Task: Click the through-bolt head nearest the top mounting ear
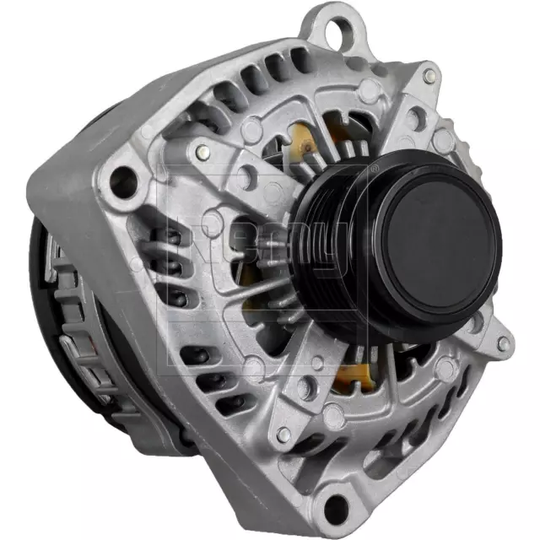click(x=430, y=76)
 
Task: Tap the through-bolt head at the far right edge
click(x=503, y=344)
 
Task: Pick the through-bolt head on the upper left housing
click(x=201, y=153)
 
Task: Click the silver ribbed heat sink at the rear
click(x=84, y=337)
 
